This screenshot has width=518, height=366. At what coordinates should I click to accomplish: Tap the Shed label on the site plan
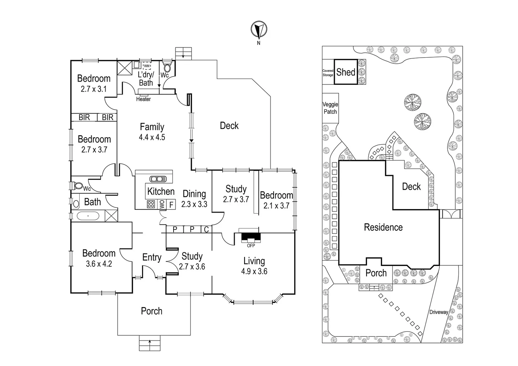click(346, 72)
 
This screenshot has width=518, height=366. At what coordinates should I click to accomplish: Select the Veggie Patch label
click(330, 108)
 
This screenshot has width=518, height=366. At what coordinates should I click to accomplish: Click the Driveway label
click(439, 312)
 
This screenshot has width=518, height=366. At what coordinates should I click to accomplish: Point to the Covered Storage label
click(328, 73)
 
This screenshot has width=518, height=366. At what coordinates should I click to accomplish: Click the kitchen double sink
click(156, 179)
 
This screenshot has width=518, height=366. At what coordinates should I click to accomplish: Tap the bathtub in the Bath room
click(88, 216)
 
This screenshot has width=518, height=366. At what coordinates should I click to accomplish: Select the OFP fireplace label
click(251, 245)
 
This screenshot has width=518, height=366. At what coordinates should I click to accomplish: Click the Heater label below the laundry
click(143, 99)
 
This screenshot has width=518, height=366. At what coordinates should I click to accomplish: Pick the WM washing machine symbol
click(147, 66)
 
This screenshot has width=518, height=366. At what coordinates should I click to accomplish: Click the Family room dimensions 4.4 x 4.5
click(152, 137)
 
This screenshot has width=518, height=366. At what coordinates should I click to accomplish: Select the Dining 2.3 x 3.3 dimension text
click(194, 204)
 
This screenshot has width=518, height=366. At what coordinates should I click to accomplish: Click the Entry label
click(152, 257)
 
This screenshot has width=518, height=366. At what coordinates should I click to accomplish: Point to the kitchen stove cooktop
click(151, 204)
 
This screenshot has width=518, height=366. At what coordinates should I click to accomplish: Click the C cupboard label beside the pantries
click(206, 230)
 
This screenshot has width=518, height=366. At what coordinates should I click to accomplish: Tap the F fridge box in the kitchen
click(171, 205)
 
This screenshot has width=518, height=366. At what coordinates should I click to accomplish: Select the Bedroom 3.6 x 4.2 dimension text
click(99, 264)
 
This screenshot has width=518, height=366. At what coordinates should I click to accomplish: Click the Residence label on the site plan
click(383, 227)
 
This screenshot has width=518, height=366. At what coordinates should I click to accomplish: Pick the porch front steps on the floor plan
click(150, 343)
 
